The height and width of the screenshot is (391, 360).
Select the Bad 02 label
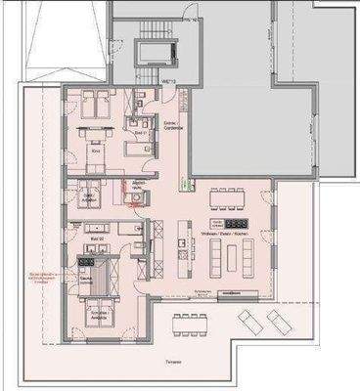[x=97, y=239]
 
